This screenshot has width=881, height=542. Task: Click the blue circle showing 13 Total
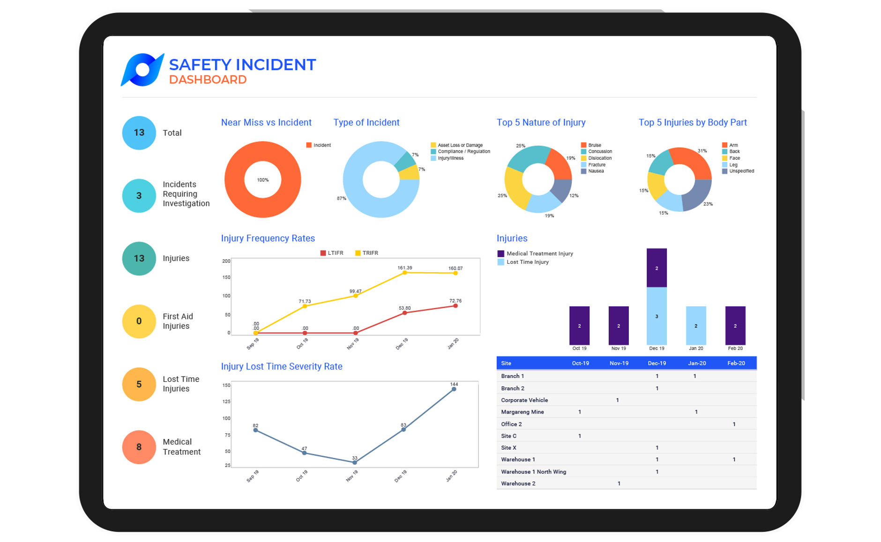point(139,133)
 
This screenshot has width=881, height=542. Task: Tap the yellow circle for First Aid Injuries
point(139,321)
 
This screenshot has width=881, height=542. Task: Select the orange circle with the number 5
point(139,384)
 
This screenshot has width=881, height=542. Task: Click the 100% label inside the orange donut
point(263,180)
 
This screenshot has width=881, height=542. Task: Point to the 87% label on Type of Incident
point(342,199)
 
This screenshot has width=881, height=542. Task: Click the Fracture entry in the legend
point(597,165)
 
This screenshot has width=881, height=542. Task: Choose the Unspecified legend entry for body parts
point(741,171)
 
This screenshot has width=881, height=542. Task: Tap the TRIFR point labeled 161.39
point(405,273)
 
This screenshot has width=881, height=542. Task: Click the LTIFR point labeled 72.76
point(455,306)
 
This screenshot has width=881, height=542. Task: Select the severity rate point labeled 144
point(454,389)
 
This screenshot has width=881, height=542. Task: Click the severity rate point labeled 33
point(355,462)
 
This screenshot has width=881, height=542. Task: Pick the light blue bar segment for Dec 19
point(657,316)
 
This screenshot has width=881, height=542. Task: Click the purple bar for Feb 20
point(735,326)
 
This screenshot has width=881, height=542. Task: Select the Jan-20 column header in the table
point(697,363)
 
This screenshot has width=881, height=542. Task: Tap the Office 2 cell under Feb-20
point(734,424)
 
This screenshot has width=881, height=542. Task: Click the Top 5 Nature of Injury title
point(541,122)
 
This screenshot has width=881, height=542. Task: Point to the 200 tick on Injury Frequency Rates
point(226,261)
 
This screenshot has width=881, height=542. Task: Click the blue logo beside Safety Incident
point(142,70)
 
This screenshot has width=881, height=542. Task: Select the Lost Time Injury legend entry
point(527,262)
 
